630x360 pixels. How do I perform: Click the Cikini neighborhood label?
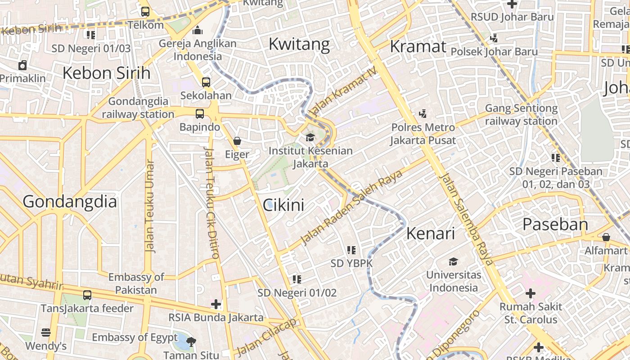(x=283, y=205)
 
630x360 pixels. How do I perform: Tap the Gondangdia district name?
(x=70, y=201)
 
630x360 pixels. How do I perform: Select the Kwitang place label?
(x=299, y=44)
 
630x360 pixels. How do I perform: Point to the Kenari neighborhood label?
(x=430, y=233)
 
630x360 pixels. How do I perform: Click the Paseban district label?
(x=555, y=224)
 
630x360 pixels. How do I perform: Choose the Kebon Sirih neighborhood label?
(x=106, y=72)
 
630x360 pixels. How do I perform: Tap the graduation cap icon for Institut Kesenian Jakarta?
(x=310, y=137)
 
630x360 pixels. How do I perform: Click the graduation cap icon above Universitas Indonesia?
(x=453, y=261)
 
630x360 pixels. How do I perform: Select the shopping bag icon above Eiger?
(x=237, y=141)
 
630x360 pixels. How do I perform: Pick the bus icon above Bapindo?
(x=200, y=114)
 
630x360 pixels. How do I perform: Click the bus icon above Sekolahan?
(x=206, y=82)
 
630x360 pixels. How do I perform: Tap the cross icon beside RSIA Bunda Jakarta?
(x=216, y=304)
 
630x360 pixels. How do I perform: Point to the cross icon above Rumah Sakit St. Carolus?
(x=531, y=293)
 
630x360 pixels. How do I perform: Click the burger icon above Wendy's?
(x=46, y=333)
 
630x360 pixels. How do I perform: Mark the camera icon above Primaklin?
(x=22, y=66)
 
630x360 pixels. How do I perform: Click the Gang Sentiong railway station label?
(x=521, y=115)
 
